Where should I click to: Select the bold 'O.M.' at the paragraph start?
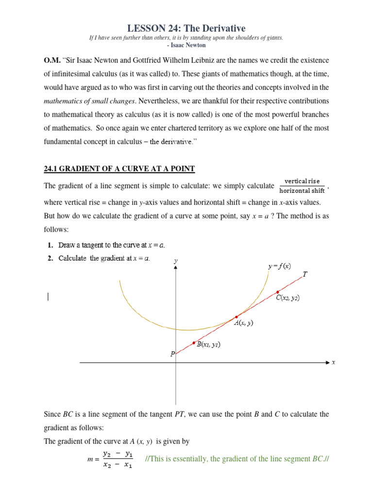(52, 60)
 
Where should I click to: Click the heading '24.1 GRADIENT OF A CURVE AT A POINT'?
(119, 169)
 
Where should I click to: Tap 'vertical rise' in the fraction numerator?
(302, 181)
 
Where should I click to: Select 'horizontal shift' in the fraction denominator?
(302, 191)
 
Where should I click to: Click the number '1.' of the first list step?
(51, 245)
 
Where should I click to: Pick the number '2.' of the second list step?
(51, 258)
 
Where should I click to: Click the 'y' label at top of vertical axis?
(176, 261)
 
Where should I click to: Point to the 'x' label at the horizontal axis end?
(333, 362)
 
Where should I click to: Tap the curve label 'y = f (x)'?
(279, 266)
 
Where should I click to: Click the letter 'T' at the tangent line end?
(305, 274)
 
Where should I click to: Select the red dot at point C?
(277, 291)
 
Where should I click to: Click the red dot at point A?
(237, 317)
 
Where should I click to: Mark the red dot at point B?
(194, 343)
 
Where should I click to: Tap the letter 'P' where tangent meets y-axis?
(172, 354)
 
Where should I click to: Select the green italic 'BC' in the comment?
(318, 459)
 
